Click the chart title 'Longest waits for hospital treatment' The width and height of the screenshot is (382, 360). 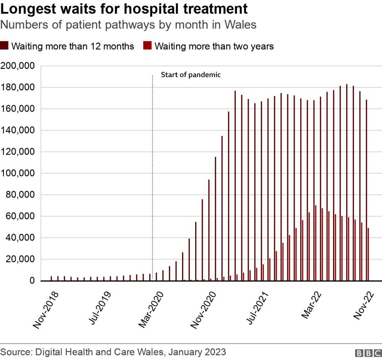pos(124,9)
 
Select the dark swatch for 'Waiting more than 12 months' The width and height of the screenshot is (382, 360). pos(5,46)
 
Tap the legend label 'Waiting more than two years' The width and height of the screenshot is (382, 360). pos(214,46)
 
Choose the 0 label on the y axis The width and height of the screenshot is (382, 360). pos(32,281)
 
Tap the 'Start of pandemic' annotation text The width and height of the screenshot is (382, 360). pos(191,75)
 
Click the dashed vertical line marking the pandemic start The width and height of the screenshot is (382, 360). pos(153,168)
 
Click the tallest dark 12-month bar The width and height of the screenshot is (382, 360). pos(347,183)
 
